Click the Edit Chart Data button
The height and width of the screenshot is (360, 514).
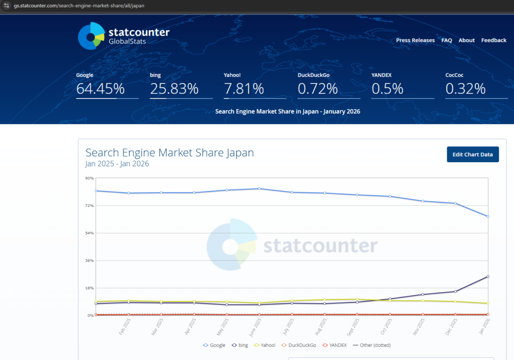click(x=472, y=155)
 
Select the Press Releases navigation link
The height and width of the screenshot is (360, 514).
click(x=415, y=40)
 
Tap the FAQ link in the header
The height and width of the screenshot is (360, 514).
click(x=447, y=40)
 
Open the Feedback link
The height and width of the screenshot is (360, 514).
click(x=493, y=40)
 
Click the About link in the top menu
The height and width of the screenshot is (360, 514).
click(x=466, y=40)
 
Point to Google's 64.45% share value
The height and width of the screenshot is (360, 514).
click(x=100, y=89)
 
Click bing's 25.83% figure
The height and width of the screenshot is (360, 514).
click(x=174, y=89)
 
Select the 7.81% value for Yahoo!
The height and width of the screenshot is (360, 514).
click(x=244, y=89)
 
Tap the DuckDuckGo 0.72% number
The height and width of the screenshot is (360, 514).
click(x=318, y=89)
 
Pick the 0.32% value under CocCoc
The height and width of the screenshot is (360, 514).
click(x=465, y=89)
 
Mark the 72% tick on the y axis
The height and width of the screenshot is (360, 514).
click(x=89, y=205)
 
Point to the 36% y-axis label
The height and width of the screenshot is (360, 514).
click(x=89, y=261)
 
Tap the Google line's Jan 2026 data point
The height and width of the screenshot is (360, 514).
click(x=488, y=216)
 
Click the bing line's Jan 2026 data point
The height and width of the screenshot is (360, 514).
click(x=488, y=277)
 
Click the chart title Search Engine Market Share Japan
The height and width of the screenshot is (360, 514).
click(x=170, y=153)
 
